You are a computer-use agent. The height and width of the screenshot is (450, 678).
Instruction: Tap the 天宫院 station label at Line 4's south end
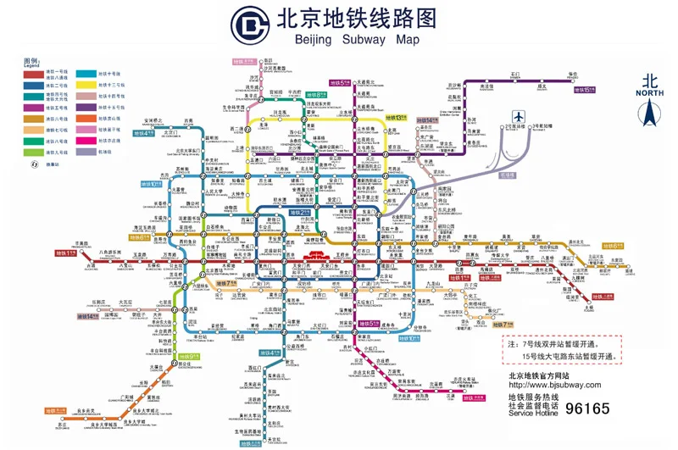271,440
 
